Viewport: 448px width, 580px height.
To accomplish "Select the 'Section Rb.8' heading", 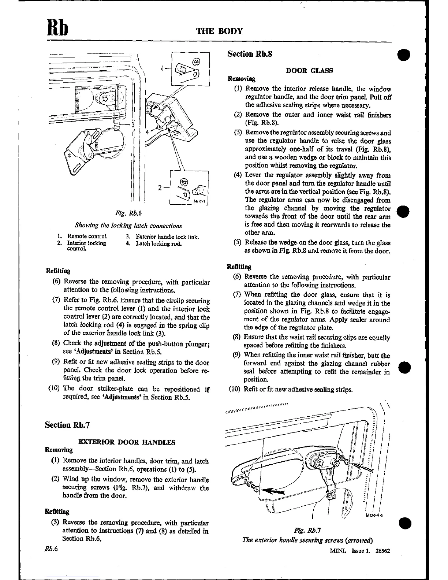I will point(250,54).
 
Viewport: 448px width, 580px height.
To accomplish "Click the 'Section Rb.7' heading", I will point(67,425).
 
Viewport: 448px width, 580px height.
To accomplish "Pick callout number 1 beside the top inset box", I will point(161,68).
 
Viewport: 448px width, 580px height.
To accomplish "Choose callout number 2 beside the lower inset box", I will point(160,188).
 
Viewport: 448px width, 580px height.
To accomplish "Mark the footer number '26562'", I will point(382,550).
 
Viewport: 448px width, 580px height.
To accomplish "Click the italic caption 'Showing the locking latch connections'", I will point(128,226).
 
